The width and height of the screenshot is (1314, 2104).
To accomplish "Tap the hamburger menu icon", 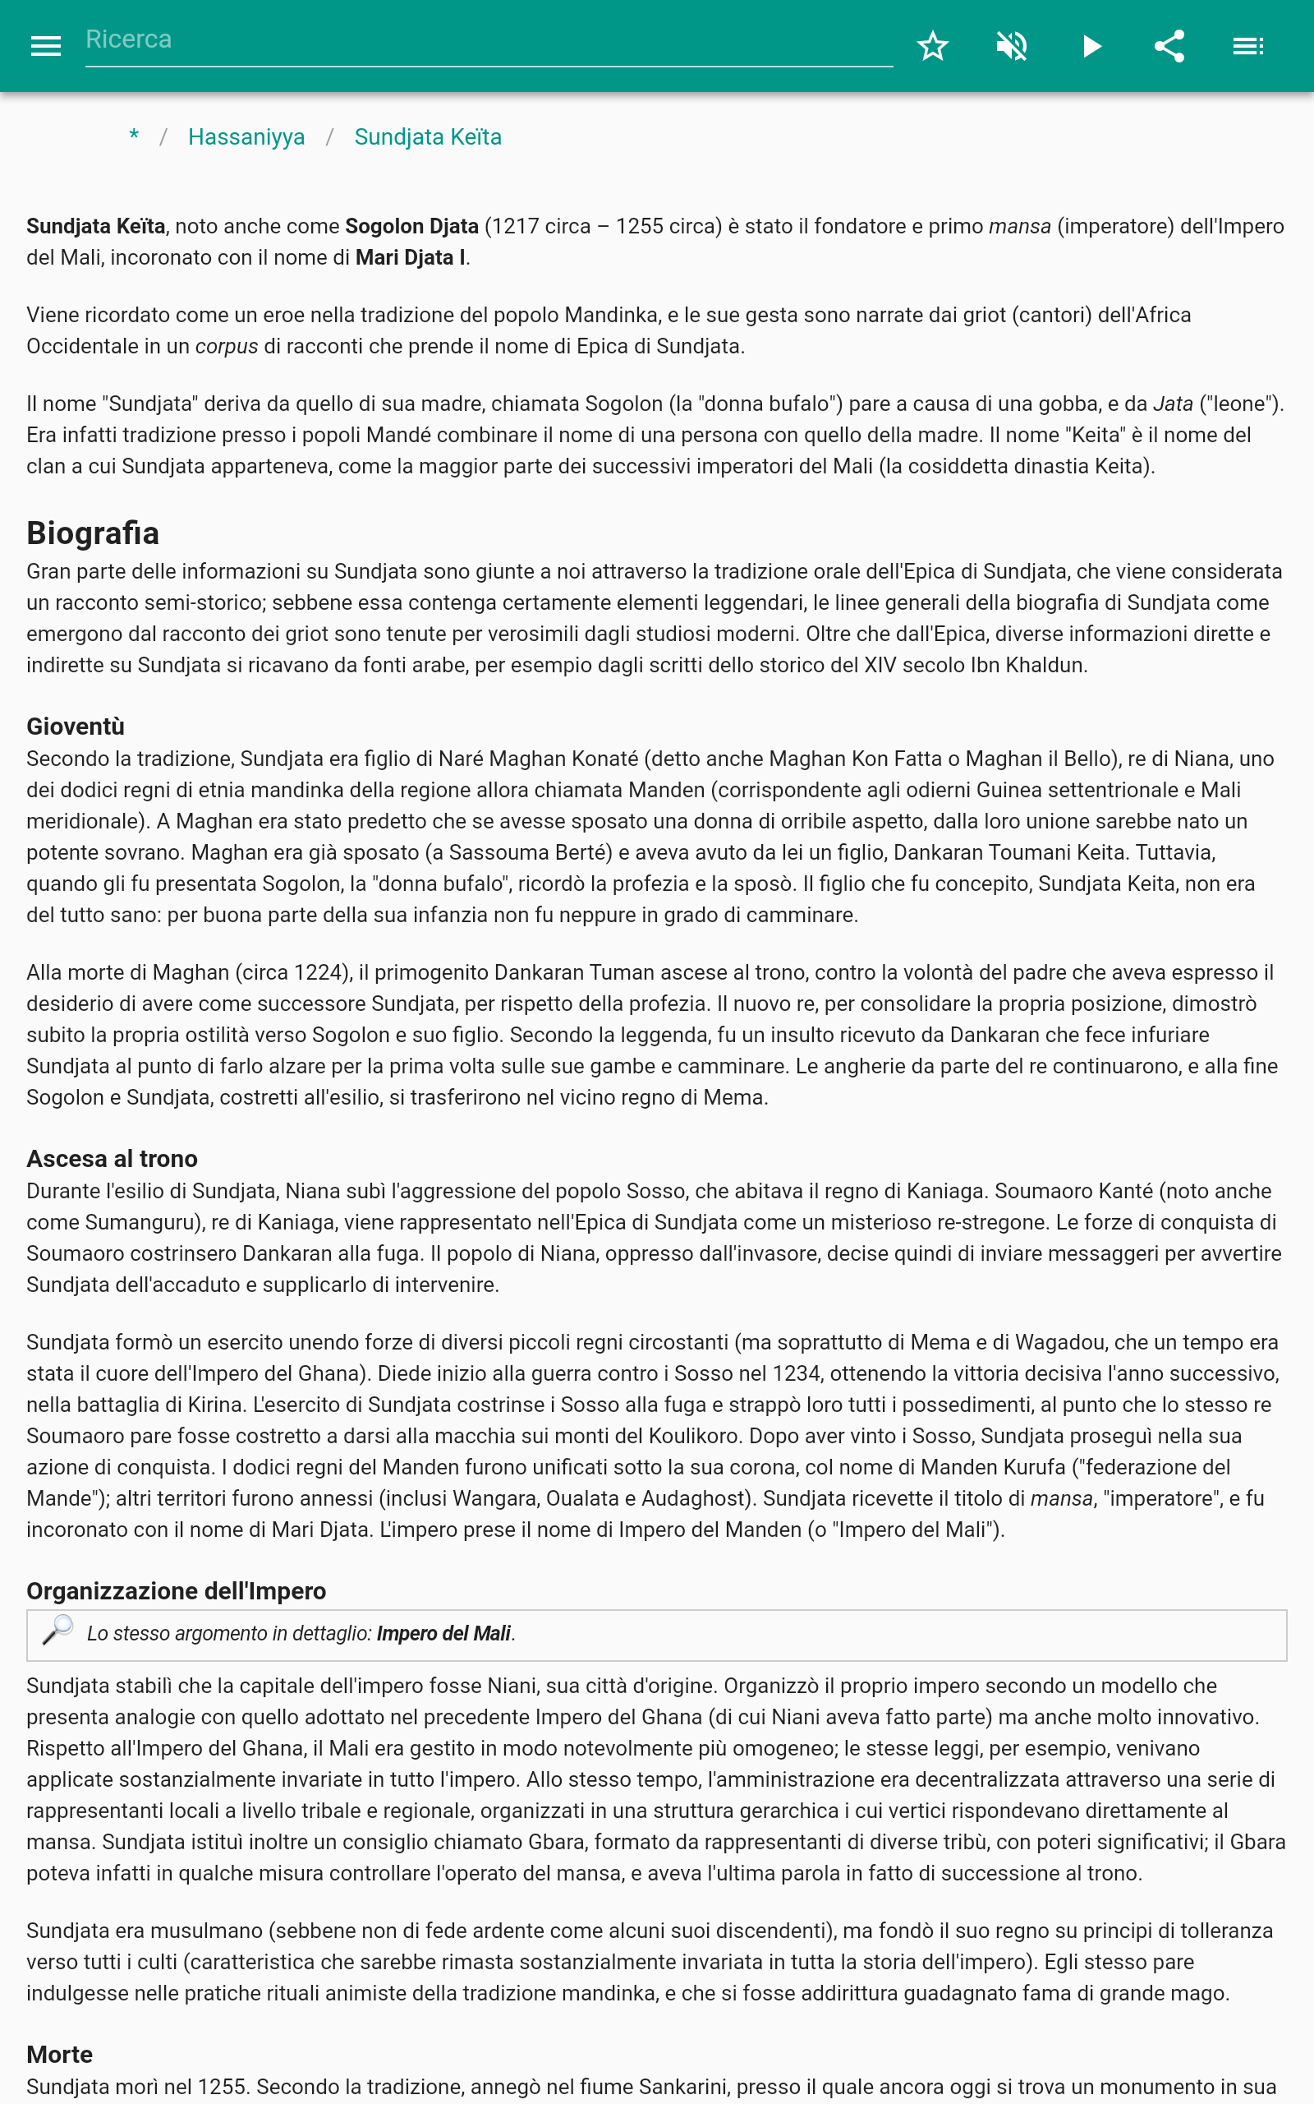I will [x=45, y=46].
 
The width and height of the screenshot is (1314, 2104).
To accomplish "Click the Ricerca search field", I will [x=487, y=40].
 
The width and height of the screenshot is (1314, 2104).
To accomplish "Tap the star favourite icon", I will [x=932, y=46].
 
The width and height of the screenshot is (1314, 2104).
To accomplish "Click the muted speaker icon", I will [x=1012, y=46].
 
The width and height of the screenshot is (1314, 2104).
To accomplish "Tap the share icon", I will [x=1169, y=46].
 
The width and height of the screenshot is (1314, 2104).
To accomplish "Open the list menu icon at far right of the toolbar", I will [x=1248, y=46].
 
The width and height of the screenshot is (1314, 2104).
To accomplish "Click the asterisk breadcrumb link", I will [x=134, y=136].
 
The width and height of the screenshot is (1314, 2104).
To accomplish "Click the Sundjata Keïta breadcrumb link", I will [x=428, y=137].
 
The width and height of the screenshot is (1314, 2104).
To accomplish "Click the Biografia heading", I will [x=93, y=533].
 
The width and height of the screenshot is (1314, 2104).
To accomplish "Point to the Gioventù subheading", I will [x=76, y=726].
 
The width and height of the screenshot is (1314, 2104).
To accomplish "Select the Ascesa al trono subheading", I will [x=113, y=1158].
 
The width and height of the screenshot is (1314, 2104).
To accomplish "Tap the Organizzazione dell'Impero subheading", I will [x=177, y=1590].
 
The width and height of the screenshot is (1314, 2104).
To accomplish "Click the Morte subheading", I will [x=59, y=2054].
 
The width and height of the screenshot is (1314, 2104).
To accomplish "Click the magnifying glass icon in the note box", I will [x=58, y=1629].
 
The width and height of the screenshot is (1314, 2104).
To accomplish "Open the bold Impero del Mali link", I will [x=443, y=1634].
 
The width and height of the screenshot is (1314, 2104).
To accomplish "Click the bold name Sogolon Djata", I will [x=412, y=226].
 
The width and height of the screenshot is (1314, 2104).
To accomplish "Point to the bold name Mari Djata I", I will [x=410, y=257].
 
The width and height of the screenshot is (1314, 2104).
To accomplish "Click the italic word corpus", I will [x=226, y=346].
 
